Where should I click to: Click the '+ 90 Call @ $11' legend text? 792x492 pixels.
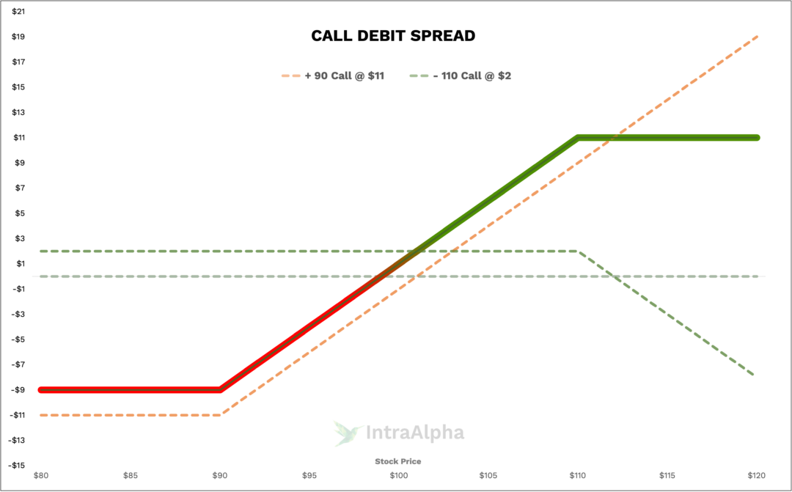click(344, 76)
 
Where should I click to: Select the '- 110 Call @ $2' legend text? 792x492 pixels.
click(472, 76)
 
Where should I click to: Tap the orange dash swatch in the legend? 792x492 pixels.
click(291, 76)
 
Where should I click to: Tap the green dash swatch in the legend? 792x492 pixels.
click(419, 76)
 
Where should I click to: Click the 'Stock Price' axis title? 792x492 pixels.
click(398, 461)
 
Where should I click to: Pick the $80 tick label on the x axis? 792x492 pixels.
click(41, 475)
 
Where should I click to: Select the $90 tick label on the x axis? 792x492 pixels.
click(220, 475)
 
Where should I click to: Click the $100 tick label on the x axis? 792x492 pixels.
click(398, 475)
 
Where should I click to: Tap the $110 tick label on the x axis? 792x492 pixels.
click(577, 475)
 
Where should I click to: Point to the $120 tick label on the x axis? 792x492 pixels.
click(756, 475)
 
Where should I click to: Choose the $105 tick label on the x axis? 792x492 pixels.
click(488, 475)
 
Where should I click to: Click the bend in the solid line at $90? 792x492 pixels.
click(220, 389)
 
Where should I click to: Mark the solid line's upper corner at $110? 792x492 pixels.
click(578, 137)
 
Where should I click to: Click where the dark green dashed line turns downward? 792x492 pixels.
click(578, 251)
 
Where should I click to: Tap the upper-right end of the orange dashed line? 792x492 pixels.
click(756, 36)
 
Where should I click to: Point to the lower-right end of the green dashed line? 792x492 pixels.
click(753, 374)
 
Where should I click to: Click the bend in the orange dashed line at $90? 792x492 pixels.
click(221, 415)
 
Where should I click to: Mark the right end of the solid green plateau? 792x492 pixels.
click(757, 137)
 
